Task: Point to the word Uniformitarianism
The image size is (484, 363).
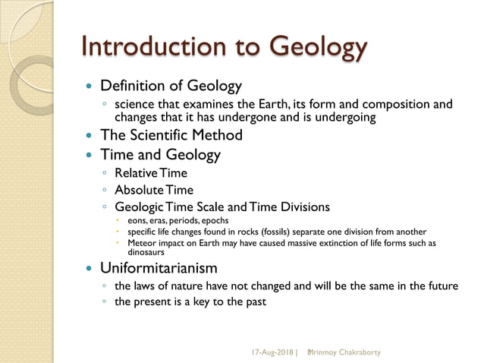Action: coord(159,268)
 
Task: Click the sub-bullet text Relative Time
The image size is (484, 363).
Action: coord(151,173)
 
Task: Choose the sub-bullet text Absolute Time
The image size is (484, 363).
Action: coord(154,190)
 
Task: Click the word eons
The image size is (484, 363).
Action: coord(139,220)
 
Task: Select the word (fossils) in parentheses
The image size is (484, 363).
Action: coord(304,232)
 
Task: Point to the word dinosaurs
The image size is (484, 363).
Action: coord(146,252)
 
